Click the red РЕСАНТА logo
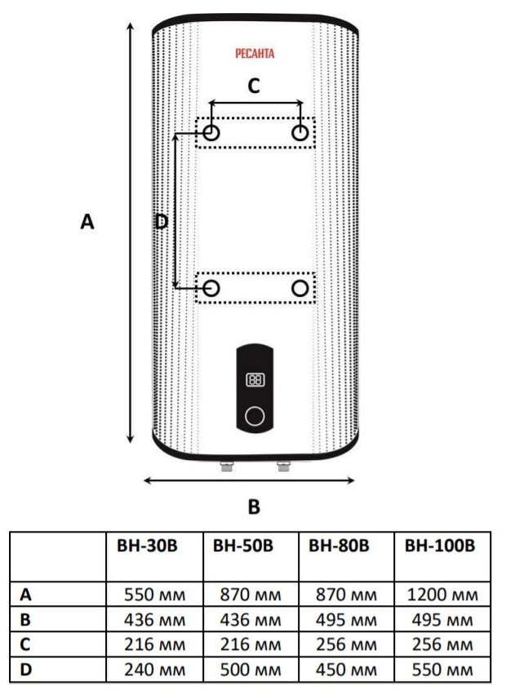click(255, 54)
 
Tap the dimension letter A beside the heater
click(87, 221)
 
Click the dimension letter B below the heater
click(254, 506)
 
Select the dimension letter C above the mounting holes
click(254, 86)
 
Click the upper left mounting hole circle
click(211, 133)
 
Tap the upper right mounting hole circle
click(300, 133)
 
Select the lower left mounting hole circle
click(211, 288)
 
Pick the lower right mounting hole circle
click(300, 288)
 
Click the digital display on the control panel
click(255, 380)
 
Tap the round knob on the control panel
click(255, 416)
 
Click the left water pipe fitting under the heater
click(225, 467)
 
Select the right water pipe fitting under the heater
click(283, 467)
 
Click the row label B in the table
click(25, 620)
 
